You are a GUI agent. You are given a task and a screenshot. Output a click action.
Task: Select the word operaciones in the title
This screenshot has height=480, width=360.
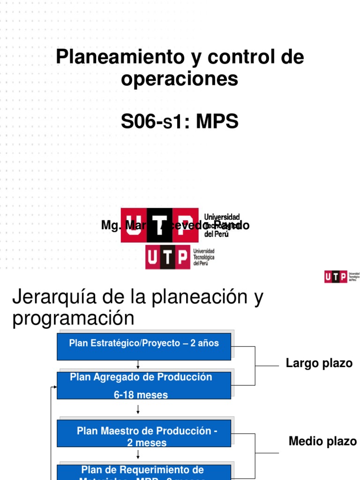coord(180,79)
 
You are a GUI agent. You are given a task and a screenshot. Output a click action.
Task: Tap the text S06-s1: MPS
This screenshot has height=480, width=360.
coord(180,122)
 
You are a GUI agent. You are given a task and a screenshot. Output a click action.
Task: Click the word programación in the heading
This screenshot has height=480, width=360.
coord(73,319)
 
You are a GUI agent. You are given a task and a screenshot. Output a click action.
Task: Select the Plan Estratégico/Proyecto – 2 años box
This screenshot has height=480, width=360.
coord(144,346)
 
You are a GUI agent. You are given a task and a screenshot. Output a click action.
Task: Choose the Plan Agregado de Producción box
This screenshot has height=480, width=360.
coord(144,385)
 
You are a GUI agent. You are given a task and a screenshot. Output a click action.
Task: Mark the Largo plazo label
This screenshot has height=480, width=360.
coord(319,364)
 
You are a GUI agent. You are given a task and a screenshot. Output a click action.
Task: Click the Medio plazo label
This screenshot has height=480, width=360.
coord(322,441)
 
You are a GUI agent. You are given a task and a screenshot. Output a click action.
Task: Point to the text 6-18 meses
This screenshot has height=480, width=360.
coord(141,395)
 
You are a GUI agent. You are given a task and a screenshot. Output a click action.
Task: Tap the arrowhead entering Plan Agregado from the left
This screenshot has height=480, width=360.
coord(55,387)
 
